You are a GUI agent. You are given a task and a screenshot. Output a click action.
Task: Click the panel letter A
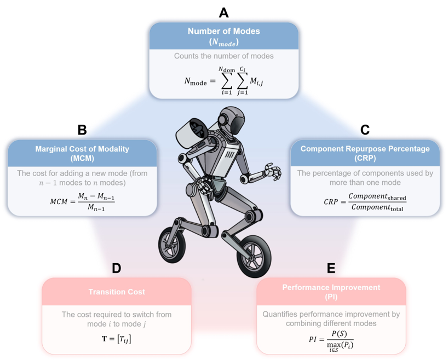(x=223, y=13)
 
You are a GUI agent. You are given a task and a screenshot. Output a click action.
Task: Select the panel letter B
(x=82, y=130)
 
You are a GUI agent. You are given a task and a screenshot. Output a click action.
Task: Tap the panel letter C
(x=365, y=130)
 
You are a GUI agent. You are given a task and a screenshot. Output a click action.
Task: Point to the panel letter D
(x=116, y=268)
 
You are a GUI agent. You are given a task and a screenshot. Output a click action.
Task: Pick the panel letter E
(x=331, y=268)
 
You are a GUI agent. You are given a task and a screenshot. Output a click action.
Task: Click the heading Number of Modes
(x=223, y=31)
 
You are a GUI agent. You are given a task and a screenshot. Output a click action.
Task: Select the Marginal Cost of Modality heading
(x=82, y=149)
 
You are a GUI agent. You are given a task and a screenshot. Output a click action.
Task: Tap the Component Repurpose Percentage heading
(x=365, y=149)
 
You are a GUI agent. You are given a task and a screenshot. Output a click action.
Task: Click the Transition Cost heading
(x=117, y=292)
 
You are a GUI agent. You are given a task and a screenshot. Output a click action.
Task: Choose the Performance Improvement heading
(x=331, y=287)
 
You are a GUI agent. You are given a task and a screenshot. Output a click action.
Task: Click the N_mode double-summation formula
(x=223, y=81)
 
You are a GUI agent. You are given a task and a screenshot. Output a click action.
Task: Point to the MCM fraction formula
(x=82, y=201)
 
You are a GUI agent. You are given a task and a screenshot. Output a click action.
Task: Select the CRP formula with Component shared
(x=365, y=201)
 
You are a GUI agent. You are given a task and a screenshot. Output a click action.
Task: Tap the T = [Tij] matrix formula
(x=117, y=339)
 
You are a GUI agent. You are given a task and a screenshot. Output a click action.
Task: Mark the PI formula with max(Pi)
(x=331, y=341)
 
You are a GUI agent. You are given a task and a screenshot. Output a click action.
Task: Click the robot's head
(x=232, y=120)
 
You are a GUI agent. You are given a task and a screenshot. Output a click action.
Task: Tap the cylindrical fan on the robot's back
(x=193, y=132)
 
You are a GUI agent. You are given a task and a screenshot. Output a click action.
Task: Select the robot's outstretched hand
(x=273, y=172)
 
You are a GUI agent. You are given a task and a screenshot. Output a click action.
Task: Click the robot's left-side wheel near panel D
(x=172, y=245)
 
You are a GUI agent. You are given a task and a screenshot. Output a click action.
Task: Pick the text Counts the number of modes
(x=223, y=56)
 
